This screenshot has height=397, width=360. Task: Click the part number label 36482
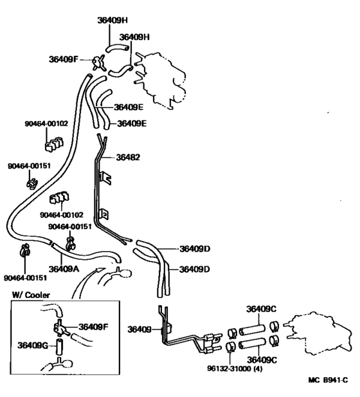tap(127, 156)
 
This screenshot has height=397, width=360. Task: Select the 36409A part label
tap(64, 269)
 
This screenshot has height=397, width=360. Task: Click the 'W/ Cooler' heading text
tap(32, 295)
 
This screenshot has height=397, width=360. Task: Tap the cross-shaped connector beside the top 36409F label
tap(98, 62)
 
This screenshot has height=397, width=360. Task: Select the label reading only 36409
tap(139, 329)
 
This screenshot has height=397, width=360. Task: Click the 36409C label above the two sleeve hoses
tap(262, 309)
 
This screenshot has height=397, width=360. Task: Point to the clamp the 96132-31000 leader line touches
tap(230, 349)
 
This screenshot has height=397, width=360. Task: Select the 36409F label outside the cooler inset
tap(63, 59)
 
